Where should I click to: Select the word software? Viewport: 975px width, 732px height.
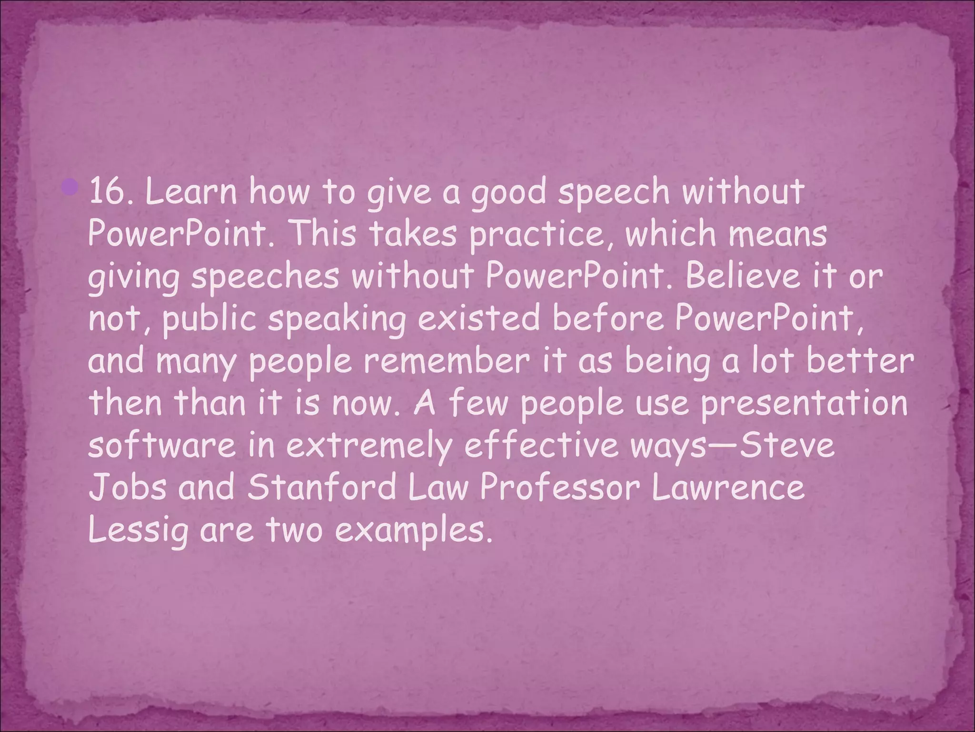162,446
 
